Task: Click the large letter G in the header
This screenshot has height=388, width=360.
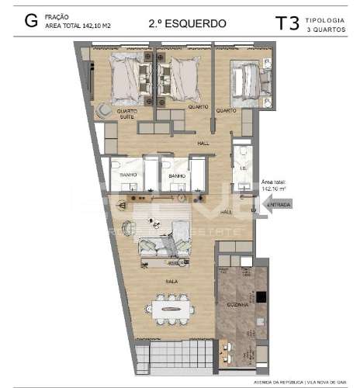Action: click(31, 21)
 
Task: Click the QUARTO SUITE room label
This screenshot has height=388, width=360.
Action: click(127, 114)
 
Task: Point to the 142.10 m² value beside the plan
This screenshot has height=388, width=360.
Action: click(275, 188)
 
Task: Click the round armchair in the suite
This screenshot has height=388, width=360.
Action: click(104, 111)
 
